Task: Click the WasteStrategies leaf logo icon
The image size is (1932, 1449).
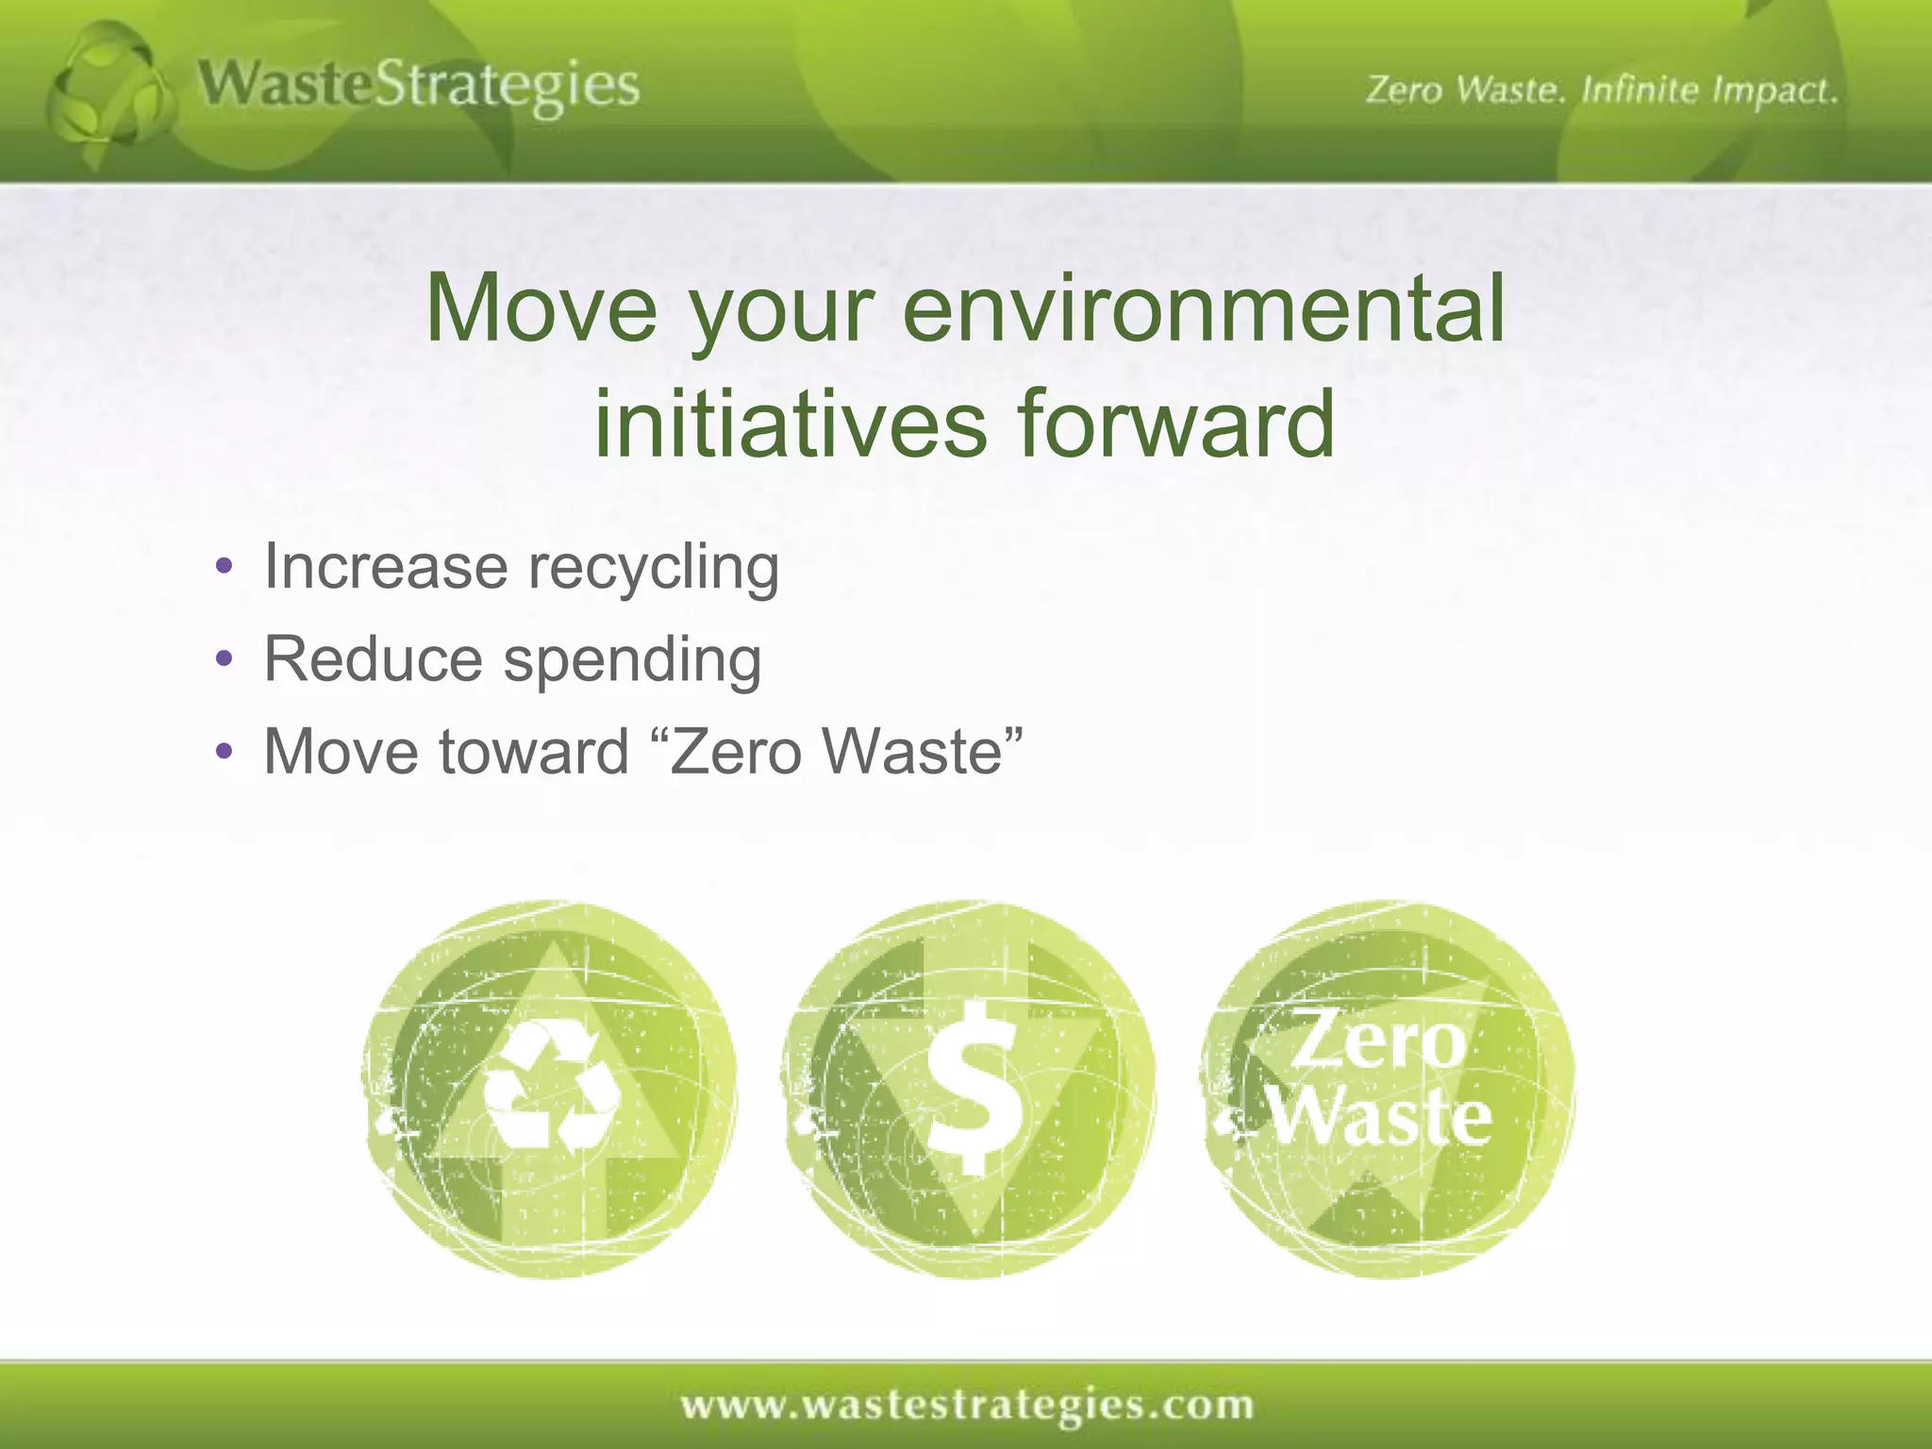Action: pos(111,94)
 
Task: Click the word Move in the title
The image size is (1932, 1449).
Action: pos(541,308)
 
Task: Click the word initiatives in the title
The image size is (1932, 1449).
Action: pos(791,424)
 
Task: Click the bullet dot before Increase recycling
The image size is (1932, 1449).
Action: pos(224,568)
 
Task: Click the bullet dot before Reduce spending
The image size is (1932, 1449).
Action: pos(224,659)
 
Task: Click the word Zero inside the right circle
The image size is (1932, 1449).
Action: pos(1377,1040)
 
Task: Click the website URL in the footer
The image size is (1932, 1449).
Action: pos(967,1405)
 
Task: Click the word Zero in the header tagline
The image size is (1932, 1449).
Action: pos(1404,91)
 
